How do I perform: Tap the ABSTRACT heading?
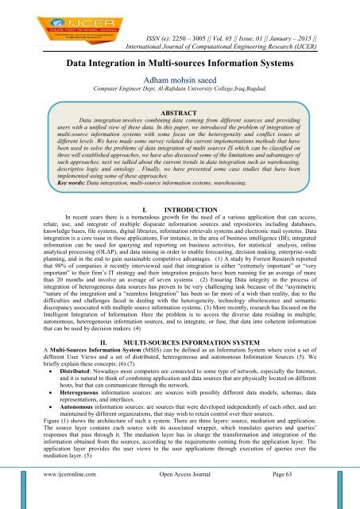click(180, 113)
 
